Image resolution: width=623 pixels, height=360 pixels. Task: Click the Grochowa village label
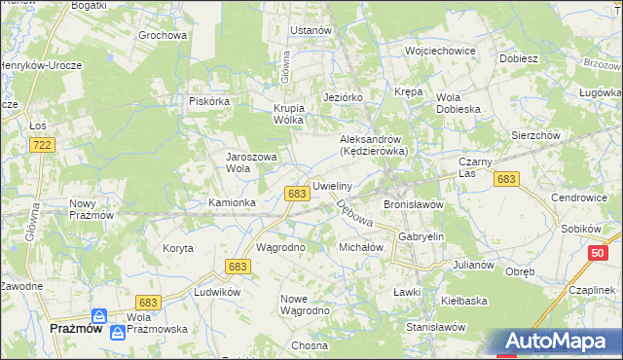click(x=162, y=36)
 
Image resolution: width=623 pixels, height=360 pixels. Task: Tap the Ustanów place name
click(x=311, y=30)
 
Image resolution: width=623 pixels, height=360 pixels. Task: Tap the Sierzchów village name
click(x=535, y=136)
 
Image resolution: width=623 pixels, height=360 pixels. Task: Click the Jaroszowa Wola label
click(x=252, y=162)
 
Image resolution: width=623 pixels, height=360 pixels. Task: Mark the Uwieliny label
click(x=332, y=185)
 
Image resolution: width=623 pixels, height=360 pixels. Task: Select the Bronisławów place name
click(x=414, y=205)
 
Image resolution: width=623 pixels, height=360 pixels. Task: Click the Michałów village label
click(x=361, y=248)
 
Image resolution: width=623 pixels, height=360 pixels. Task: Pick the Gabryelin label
click(x=421, y=236)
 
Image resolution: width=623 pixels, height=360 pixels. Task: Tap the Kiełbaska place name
click(x=463, y=301)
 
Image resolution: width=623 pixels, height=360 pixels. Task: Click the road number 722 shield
click(x=42, y=145)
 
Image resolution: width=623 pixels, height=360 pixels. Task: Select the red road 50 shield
click(x=597, y=253)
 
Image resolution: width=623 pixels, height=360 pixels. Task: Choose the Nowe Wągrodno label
click(x=305, y=305)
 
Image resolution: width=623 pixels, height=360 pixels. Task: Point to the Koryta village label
click(x=178, y=248)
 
